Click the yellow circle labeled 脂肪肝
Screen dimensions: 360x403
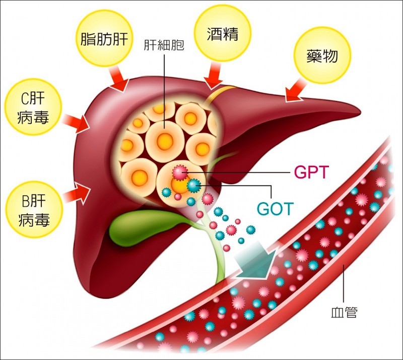106,38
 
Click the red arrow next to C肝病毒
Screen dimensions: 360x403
77,123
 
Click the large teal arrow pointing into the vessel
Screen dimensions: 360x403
257,260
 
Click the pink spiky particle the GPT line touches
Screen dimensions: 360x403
179,172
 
